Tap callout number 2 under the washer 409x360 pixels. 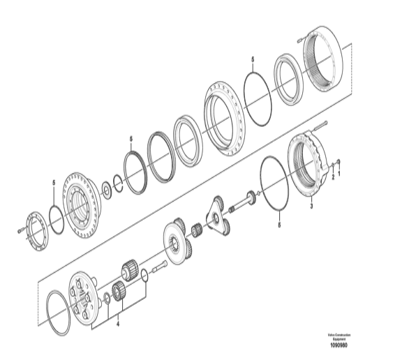pyautogui.click(x=333, y=177)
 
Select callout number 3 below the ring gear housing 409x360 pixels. pyautogui.click(x=311, y=207)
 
